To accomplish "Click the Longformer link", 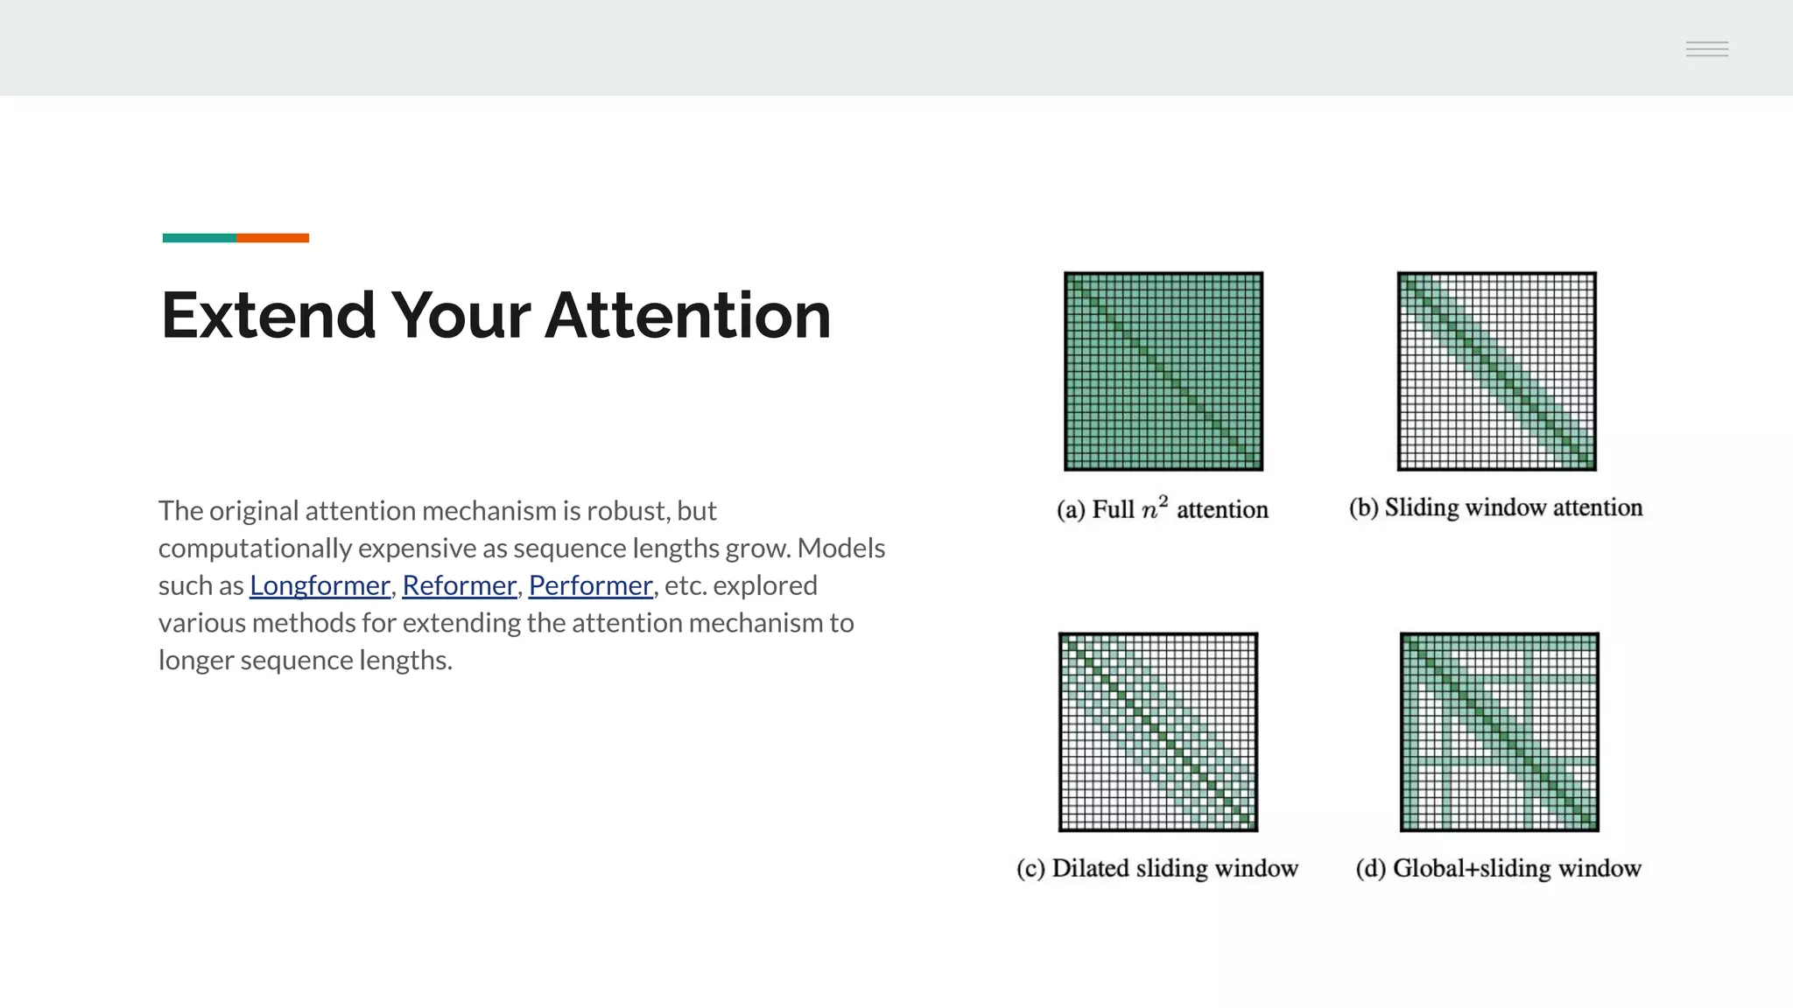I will pyautogui.click(x=320, y=585).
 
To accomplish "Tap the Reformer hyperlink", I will pyautogui.click(x=459, y=585).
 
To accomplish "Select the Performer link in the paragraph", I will pyautogui.click(x=591, y=585).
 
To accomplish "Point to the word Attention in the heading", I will pyautogui.click(x=688, y=315).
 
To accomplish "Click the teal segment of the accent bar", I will pyautogui.click(x=199, y=238).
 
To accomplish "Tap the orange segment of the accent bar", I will pyautogui.click(x=272, y=238).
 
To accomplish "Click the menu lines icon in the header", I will pyautogui.click(x=1707, y=49).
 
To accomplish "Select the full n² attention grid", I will pyautogui.click(x=1164, y=371).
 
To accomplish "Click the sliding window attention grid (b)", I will pyautogui.click(x=1497, y=371).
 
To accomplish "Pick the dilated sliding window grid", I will pyautogui.click(x=1158, y=731).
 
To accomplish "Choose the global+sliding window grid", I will pyautogui.click(x=1500, y=731).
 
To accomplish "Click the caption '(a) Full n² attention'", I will pyautogui.click(x=1163, y=509).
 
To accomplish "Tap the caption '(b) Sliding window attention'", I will pyautogui.click(x=1496, y=507).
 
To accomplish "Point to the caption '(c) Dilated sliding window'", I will pyautogui.click(x=1157, y=868).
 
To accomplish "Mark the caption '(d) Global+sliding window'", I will pyautogui.click(x=1499, y=868).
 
